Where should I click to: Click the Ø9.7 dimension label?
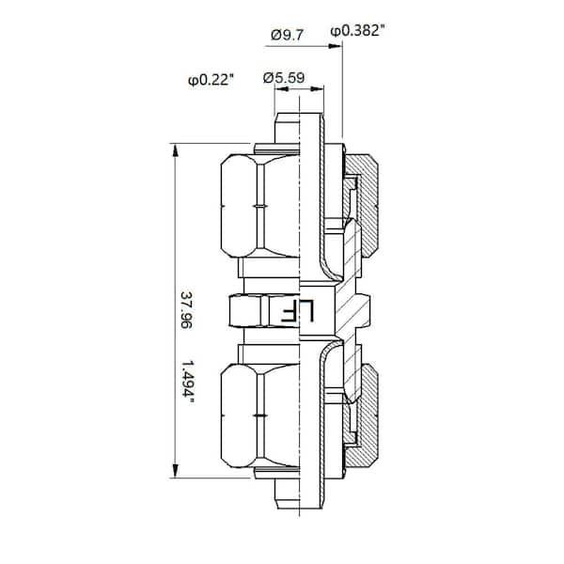(286, 34)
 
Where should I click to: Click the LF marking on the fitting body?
(315, 311)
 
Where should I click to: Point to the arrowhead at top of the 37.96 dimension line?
(176, 149)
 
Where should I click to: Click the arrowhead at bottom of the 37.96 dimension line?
(176, 473)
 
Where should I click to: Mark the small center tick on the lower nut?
(257, 414)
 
